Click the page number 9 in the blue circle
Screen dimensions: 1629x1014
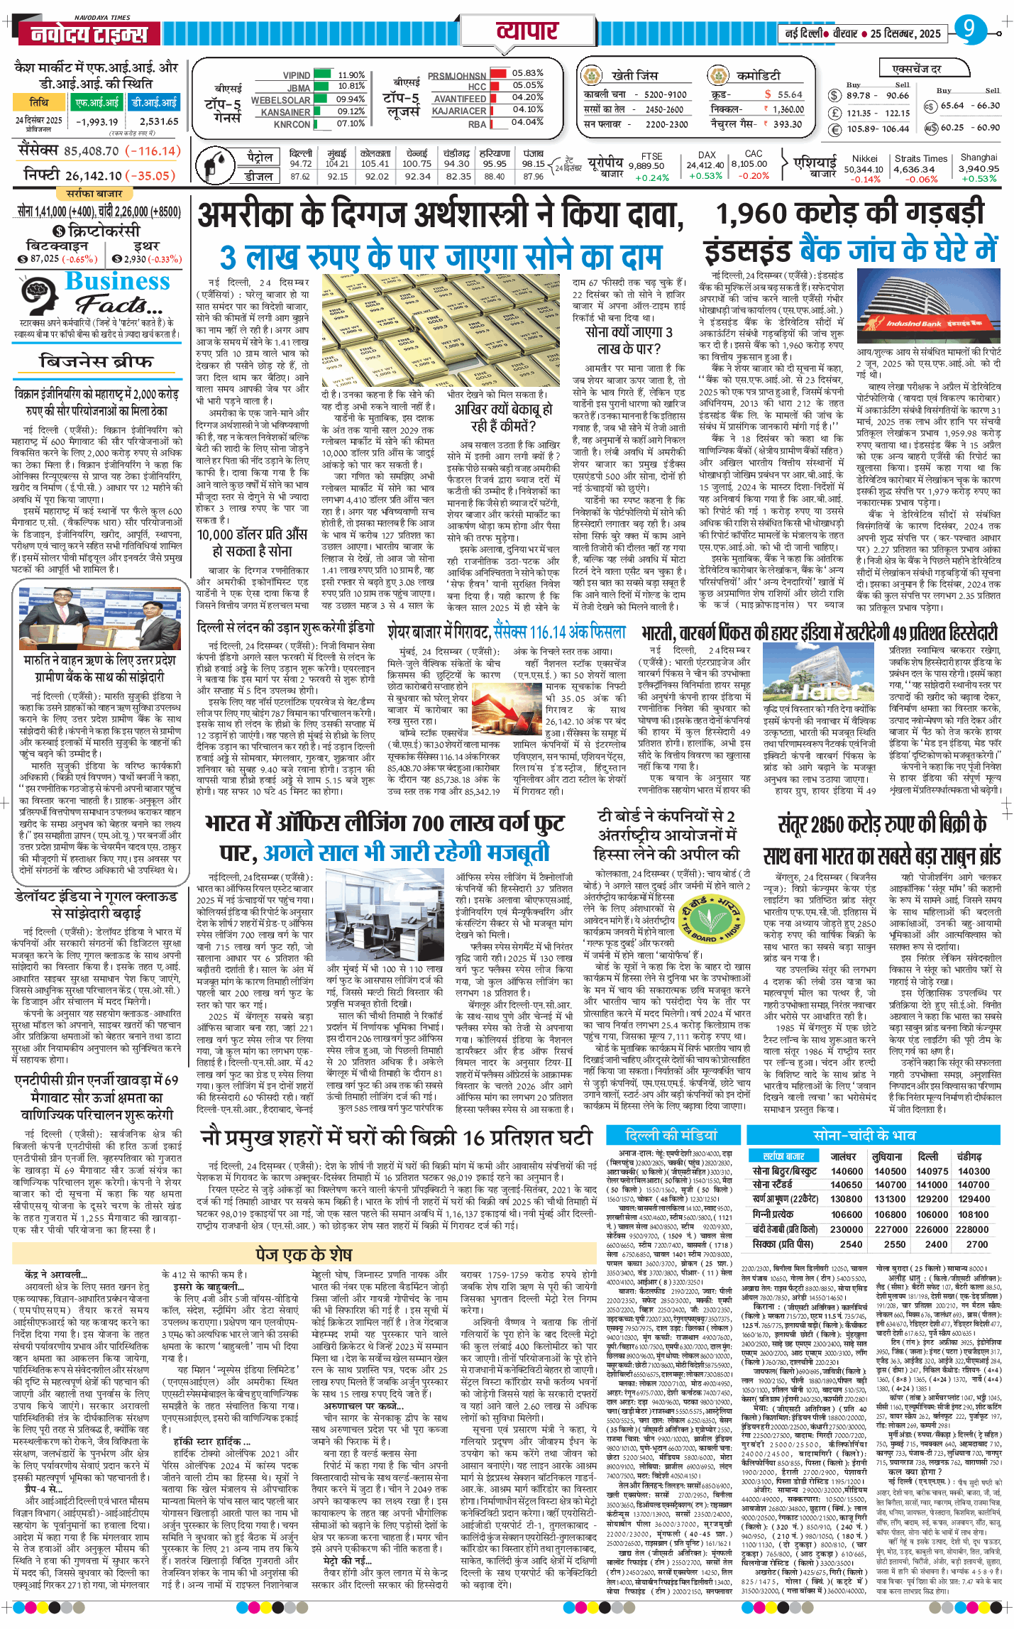point(966,29)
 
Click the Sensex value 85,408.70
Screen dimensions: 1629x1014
point(92,151)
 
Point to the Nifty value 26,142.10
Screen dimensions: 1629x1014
point(94,176)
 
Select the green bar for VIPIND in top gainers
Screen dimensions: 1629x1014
point(322,75)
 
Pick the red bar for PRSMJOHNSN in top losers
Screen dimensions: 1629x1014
point(498,73)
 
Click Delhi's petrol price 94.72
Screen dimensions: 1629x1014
point(301,164)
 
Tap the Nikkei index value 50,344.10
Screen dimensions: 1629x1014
point(863,169)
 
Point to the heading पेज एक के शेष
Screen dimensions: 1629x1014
point(304,1255)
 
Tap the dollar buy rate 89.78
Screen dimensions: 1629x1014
point(858,96)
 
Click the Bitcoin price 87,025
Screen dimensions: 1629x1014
point(45,259)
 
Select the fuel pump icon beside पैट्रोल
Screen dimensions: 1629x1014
point(213,165)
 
